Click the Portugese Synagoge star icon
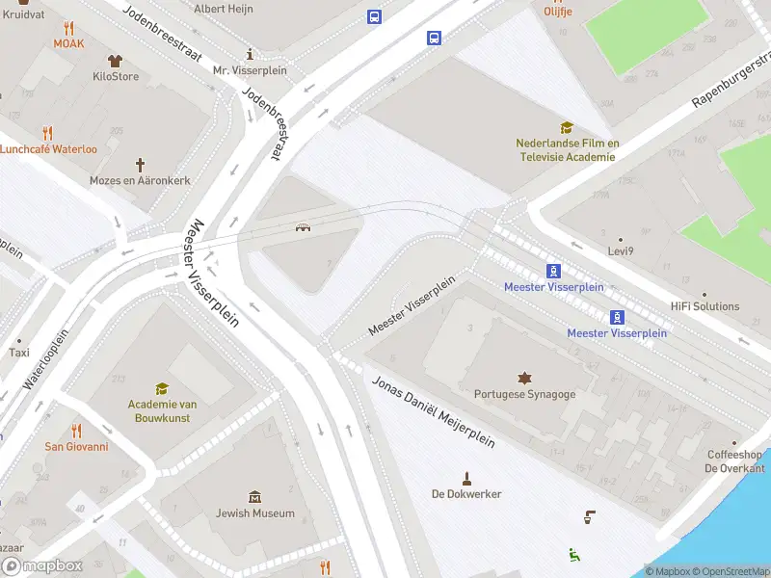[x=524, y=378]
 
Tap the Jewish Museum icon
[x=254, y=497]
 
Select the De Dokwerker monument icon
[x=466, y=478]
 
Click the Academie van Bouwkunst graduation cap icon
[x=162, y=388]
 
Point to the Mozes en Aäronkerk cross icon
[x=140, y=165]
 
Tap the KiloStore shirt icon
[x=116, y=61]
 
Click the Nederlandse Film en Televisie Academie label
[x=567, y=150]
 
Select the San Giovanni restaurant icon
[x=76, y=431]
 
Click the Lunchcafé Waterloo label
[x=48, y=149]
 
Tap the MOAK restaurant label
[x=68, y=43]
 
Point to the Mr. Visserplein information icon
[x=250, y=54]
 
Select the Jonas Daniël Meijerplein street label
[x=433, y=411]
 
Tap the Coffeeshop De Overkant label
[x=733, y=461]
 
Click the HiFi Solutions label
[x=705, y=306]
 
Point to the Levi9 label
[x=620, y=250]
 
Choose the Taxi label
[x=19, y=353]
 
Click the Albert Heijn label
[x=225, y=9]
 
